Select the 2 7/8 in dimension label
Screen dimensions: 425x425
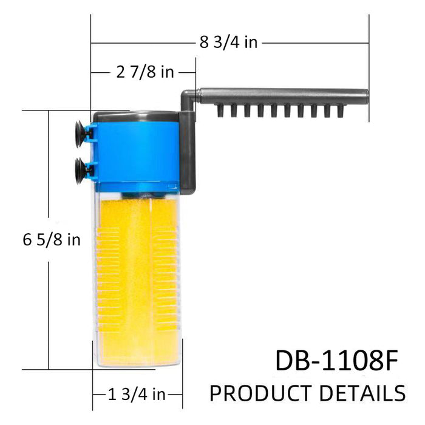point(144,73)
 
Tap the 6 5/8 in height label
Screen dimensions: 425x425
point(52,240)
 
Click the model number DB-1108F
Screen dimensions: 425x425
point(336,361)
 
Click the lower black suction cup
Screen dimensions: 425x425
point(79,166)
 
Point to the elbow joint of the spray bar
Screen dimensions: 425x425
point(188,96)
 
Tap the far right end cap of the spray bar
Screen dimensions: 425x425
point(364,96)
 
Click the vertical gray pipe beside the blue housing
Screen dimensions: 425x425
point(189,149)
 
